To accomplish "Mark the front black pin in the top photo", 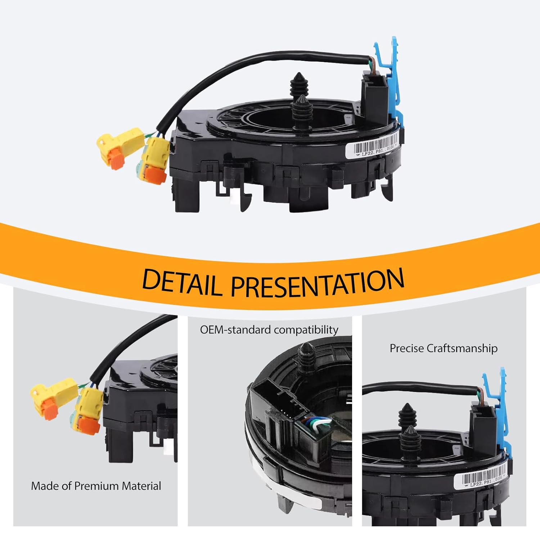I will (302, 112).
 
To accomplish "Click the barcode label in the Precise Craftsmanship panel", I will (481, 479).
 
